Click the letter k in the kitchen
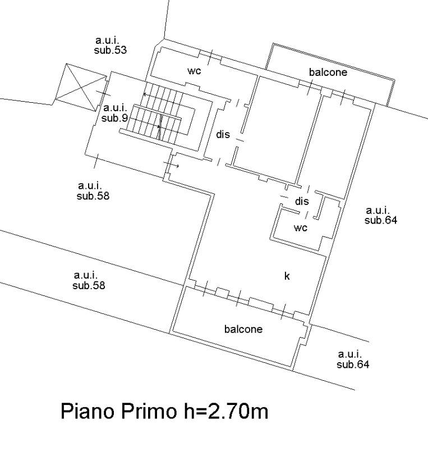click(x=287, y=276)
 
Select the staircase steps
click(x=159, y=115)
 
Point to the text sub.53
click(x=111, y=50)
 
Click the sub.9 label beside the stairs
click(x=115, y=118)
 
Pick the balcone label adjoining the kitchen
click(x=243, y=329)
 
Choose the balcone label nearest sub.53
click(x=328, y=72)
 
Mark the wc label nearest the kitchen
click(x=301, y=227)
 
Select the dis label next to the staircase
click(x=223, y=135)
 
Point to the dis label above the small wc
click(x=302, y=201)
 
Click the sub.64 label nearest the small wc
click(x=381, y=220)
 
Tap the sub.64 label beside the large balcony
click(x=353, y=364)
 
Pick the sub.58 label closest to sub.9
click(x=93, y=196)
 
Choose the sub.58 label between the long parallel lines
click(x=89, y=285)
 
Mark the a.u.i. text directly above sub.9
click(x=115, y=108)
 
